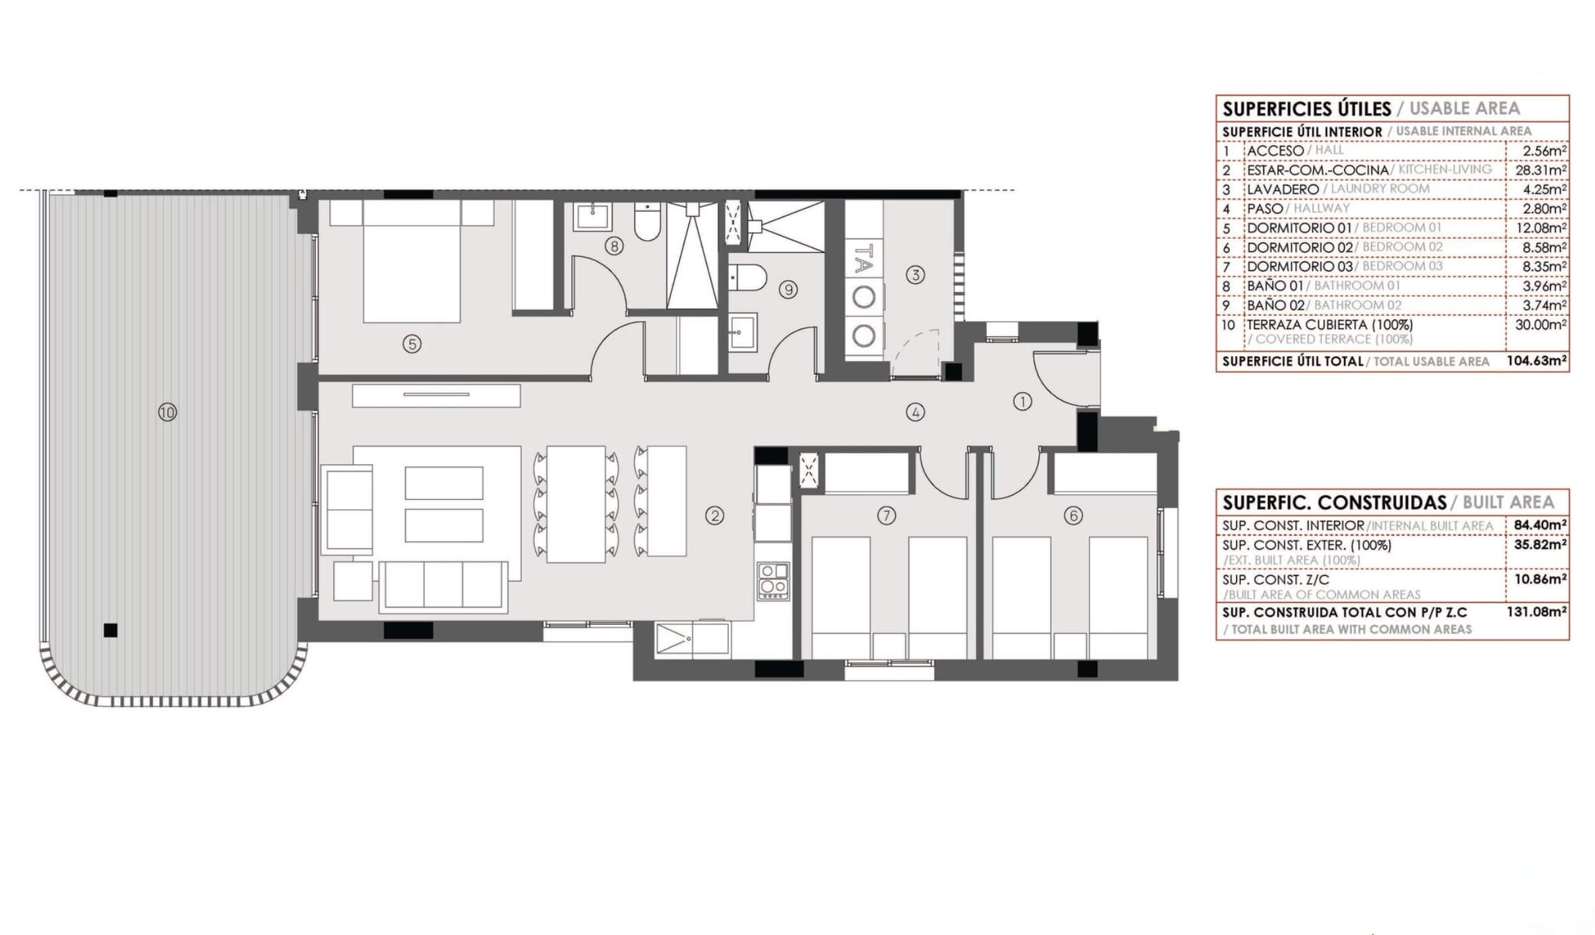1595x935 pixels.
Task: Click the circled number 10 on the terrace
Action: (x=167, y=412)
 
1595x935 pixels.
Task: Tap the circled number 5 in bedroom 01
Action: (x=412, y=344)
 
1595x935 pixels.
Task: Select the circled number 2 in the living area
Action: (x=715, y=516)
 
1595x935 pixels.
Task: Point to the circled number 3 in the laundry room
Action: (x=915, y=275)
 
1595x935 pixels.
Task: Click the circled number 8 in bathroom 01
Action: (x=613, y=246)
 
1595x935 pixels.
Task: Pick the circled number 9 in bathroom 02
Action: (x=788, y=290)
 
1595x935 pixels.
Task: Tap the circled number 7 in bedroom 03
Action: (x=886, y=516)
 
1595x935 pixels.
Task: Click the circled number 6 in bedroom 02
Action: (x=1073, y=516)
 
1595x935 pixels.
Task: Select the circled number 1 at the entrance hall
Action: (x=1022, y=402)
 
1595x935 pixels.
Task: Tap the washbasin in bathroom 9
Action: (x=743, y=331)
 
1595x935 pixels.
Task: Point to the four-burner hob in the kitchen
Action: (x=773, y=582)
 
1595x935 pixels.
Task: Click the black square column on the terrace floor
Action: (x=111, y=630)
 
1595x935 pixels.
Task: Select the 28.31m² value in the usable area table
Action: (x=1541, y=170)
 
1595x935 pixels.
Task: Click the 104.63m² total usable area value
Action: (x=1537, y=361)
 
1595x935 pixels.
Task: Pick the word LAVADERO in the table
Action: (x=1283, y=190)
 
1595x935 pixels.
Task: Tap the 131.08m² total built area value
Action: (x=1537, y=613)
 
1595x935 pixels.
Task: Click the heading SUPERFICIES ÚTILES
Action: (x=1307, y=109)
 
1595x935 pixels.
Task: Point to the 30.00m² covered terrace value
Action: (x=1541, y=324)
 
